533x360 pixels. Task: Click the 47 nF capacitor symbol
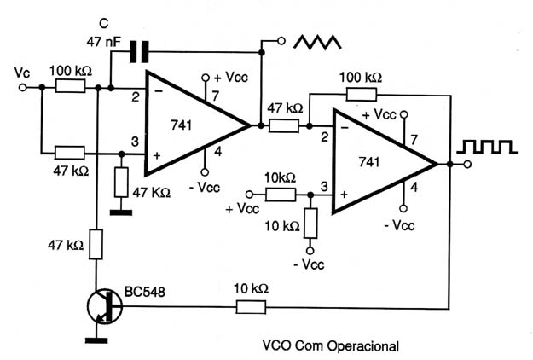pyautogui.click(x=139, y=52)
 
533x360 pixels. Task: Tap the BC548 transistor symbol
pyautogui.click(x=105, y=306)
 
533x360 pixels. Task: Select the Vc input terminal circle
pyautogui.click(x=22, y=87)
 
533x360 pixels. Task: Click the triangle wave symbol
pyautogui.click(x=317, y=42)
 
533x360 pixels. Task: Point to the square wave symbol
pyautogui.click(x=487, y=147)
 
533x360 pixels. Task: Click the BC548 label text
pyautogui.click(x=145, y=292)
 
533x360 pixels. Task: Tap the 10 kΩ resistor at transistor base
pyautogui.click(x=252, y=307)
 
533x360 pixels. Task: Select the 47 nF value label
pyautogui.click(x=103, y=42)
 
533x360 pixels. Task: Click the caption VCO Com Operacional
pyautogui.click(x=331, y=346)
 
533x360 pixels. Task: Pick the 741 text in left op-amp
pyautogui.click(x=182, y=125)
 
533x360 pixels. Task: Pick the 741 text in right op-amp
pyautogui.click(x=369, y=162)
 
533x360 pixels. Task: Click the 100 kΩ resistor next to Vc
pyautogui.click(x=71, y=86)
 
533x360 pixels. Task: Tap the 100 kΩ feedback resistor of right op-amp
pyautogui.click(x=362, y=94)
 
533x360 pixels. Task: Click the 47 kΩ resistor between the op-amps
pyautogui.click(x=284, y=125)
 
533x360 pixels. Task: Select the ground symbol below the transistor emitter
pyautogui.click(x=96, y=340)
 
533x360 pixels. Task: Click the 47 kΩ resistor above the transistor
pyautogui.click(x=96, y=245)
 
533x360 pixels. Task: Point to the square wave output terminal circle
pyautogui.click(x=467, y=165)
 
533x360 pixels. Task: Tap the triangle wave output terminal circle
pyautogui.click(x=281, y=41)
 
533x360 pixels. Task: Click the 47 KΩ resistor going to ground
pyautogui.click(x=121, y=183)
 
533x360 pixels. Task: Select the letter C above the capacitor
pyautogui.click(x=104, y=23)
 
